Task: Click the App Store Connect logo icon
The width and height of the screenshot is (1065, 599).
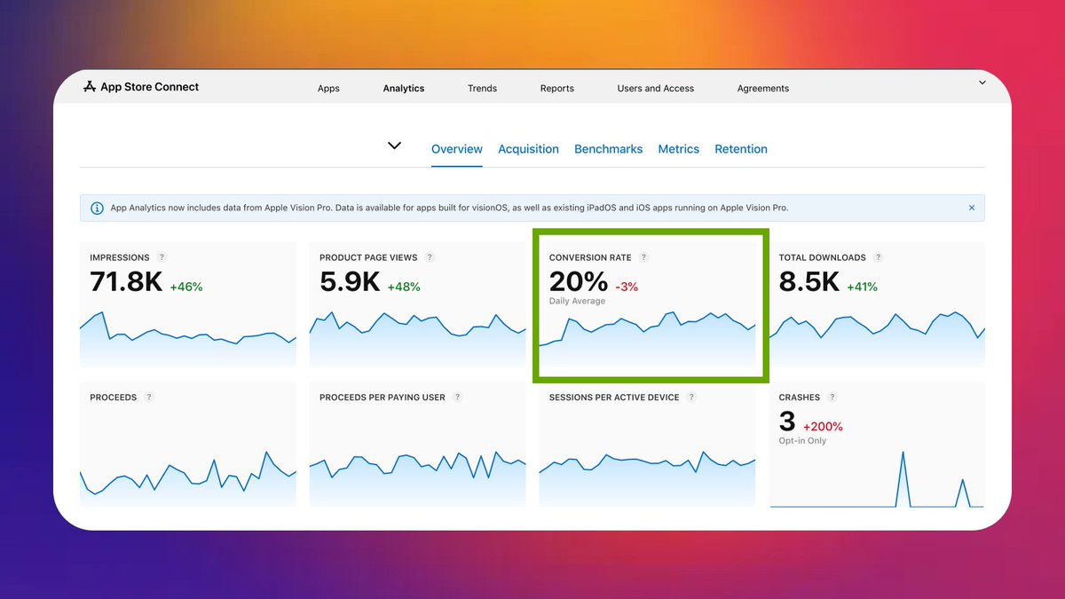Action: [89, 87]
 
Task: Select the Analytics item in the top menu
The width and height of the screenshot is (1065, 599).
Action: [404, 89]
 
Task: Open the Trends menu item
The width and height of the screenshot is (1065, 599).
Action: [482, 89]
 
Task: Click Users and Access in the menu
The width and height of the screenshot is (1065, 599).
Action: [656, 89]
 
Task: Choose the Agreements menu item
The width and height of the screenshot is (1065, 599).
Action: [762, 89]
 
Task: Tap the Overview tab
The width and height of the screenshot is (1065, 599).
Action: [457, 149]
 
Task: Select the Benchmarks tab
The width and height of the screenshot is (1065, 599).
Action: [608, 149]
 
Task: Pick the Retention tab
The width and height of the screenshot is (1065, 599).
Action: [741, 149]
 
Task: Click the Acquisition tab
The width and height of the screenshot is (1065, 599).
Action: [528, 149]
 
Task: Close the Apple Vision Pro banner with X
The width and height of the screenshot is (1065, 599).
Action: [972, 208]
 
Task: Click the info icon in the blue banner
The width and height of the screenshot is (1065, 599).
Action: [97, 208]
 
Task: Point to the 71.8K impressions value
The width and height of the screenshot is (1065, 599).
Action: [126, 282]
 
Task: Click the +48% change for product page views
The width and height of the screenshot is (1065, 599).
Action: [404, 287]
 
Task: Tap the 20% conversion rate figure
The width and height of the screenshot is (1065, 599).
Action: [579, 282]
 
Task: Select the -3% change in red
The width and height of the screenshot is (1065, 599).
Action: [627, 287]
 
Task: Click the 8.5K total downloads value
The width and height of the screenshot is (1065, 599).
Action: [809, 282]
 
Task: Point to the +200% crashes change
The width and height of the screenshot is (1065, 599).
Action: [823, 427]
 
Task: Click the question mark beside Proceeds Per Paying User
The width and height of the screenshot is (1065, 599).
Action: [457, 398]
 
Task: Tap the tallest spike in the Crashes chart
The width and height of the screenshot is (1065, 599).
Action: [903, 453]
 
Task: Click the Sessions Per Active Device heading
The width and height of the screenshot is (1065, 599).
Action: [613, 398]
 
